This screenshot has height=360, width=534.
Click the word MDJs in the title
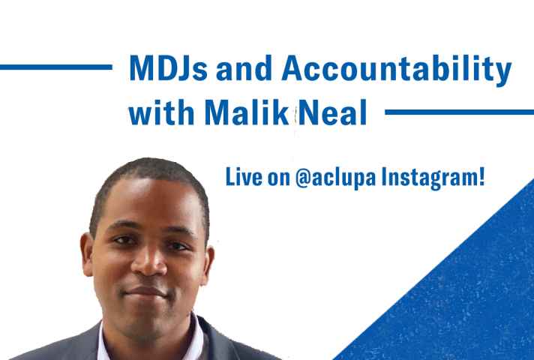168,68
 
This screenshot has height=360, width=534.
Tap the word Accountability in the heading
397,70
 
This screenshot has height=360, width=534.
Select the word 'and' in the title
244,68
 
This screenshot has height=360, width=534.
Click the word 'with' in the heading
161,112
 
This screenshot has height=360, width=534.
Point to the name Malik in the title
247,112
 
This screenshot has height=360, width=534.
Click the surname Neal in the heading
333,112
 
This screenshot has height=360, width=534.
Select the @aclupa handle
335,178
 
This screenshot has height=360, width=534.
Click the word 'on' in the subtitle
278,178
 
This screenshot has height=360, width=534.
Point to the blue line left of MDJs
55,67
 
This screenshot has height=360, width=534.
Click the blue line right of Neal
460,112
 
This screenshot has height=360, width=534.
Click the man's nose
148,260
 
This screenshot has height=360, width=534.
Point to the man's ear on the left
87,253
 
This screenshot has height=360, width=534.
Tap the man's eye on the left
123,241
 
